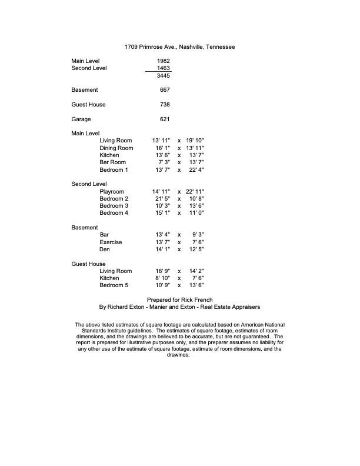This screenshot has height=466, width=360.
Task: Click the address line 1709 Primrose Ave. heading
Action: [180, 46]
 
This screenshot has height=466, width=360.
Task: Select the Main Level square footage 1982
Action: [164, 61]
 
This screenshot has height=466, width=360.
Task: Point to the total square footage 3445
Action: [164, 76]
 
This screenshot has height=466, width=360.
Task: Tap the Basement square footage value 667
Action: [165, 90]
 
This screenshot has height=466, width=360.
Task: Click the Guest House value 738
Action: [165, 105]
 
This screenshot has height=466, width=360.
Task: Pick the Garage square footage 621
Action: [165, 119]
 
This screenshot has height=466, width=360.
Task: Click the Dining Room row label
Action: [116, 148]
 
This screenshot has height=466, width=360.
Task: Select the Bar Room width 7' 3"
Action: [164, 162]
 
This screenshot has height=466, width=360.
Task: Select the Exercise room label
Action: [111, 242]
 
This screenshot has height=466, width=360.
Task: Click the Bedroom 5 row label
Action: [114, 285]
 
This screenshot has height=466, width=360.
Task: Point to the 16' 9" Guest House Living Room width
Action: [161, 271]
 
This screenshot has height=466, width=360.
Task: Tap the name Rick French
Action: [196, 299]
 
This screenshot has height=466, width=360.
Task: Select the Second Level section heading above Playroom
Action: [89, 184]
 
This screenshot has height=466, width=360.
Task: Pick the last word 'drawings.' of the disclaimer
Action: [180, 355]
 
